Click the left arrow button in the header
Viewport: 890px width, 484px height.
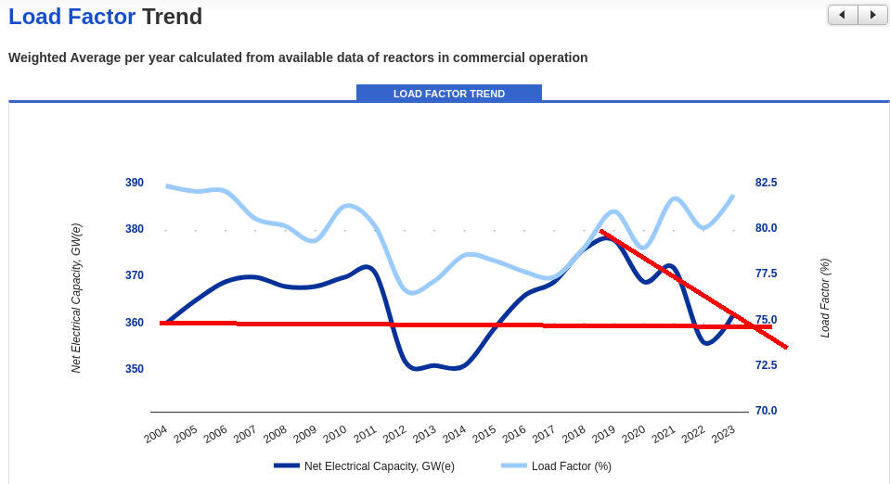[x=843, y=15]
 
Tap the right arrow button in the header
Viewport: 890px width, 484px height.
[x=872, y=15]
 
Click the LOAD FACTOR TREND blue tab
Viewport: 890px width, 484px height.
[x=449, y=94]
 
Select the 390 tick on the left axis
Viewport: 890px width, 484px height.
[x=135, y=183]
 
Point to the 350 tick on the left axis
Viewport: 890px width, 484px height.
[x=135, y=369]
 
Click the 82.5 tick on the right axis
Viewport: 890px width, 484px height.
[x=767, y=183]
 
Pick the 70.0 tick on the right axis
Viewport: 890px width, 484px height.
[x=767, y=411]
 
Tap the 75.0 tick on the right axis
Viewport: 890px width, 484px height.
[x=767, y=320]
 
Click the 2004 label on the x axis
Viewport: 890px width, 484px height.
[x=156, y=434]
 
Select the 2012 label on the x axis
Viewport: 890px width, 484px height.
[x=394, y=434]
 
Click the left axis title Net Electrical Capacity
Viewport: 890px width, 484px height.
[x=77, y=298]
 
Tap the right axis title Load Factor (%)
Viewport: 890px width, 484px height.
[x=825, y=298]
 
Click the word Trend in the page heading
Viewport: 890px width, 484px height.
[x=172, y=16]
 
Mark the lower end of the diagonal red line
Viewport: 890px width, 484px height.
[x=786, y=348]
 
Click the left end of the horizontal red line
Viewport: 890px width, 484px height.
[x=161, y=323]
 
